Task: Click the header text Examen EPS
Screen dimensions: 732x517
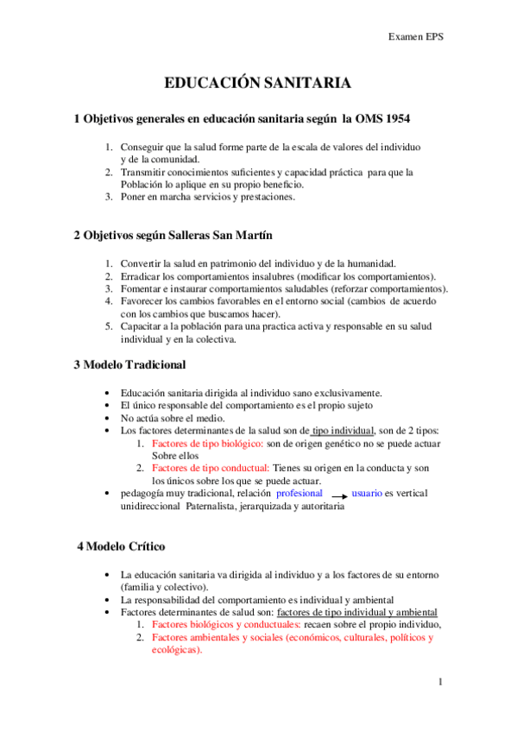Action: (416, 37)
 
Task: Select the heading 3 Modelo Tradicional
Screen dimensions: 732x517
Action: (130, 365)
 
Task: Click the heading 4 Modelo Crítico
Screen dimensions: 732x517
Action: (121, 546)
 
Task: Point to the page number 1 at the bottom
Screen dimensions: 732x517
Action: (439, 682)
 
